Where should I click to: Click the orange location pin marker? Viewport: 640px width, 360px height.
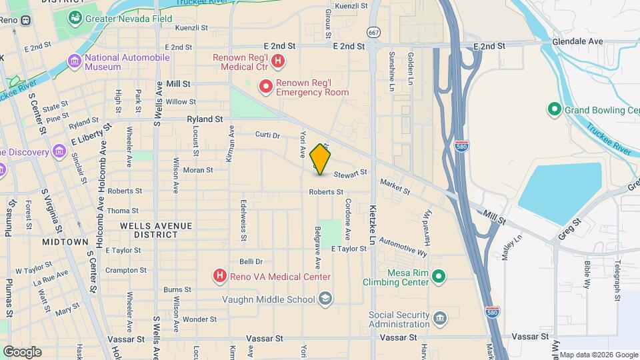coord(320,159)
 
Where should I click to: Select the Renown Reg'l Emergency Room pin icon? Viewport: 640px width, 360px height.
coord(266,87)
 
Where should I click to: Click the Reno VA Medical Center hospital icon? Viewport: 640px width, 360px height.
coord(219,275)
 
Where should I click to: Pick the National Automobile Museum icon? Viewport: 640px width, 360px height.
coord(75,62)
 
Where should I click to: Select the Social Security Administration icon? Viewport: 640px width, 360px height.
coord(439,318)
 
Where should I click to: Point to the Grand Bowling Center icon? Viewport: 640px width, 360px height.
coord(553,109)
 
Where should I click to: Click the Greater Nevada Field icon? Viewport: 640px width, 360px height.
coord(75,18)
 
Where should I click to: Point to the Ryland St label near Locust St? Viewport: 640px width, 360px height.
coord(205,119)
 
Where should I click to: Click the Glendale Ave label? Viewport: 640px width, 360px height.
coord(577,41)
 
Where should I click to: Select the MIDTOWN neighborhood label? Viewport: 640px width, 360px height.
coord(65,241)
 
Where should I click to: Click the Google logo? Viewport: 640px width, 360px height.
coord(22,351)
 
